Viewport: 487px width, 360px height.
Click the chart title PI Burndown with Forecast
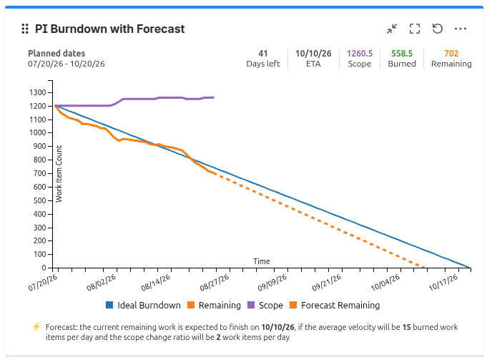(109, 29)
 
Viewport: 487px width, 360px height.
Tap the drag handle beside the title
(25, 29)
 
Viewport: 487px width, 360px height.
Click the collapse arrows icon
(392, 29)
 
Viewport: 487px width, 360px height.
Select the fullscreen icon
(415, 29)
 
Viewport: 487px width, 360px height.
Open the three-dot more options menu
(461, 29)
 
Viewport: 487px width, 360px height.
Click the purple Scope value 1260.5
(360, 54)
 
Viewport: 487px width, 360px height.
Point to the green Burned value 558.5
(402, 54)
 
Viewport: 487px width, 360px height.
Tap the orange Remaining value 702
(451, 54)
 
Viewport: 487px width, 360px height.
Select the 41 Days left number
(263, 54)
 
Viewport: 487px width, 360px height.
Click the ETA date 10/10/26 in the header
(313, 54)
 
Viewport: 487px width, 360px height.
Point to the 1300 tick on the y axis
(38, 92)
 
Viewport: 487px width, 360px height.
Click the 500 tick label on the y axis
(39, 200)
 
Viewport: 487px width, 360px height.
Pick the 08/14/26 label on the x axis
(156, 283)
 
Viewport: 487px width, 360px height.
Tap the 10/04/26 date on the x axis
(385, 283)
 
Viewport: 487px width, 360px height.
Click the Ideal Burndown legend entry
(143, 306)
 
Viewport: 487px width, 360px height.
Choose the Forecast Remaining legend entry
(335, 306)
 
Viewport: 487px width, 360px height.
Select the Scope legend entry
(265, 306)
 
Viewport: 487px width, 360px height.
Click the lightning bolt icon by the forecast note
(36, 327)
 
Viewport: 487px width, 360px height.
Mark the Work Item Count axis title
(59, 174)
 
